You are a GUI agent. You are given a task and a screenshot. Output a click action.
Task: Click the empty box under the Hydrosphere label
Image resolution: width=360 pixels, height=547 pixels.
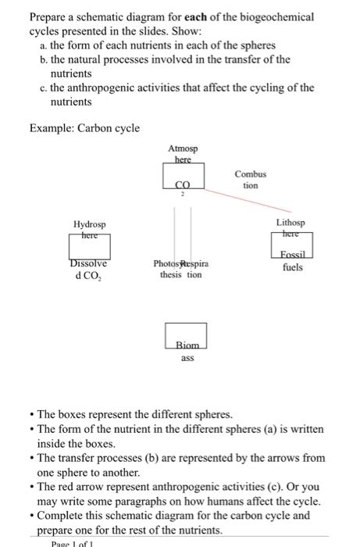(89, 249)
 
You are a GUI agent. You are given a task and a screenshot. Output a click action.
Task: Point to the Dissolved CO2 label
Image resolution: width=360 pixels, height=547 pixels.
(89, 270)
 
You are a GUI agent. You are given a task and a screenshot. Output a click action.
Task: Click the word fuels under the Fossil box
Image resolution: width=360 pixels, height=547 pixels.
(293, 267)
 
